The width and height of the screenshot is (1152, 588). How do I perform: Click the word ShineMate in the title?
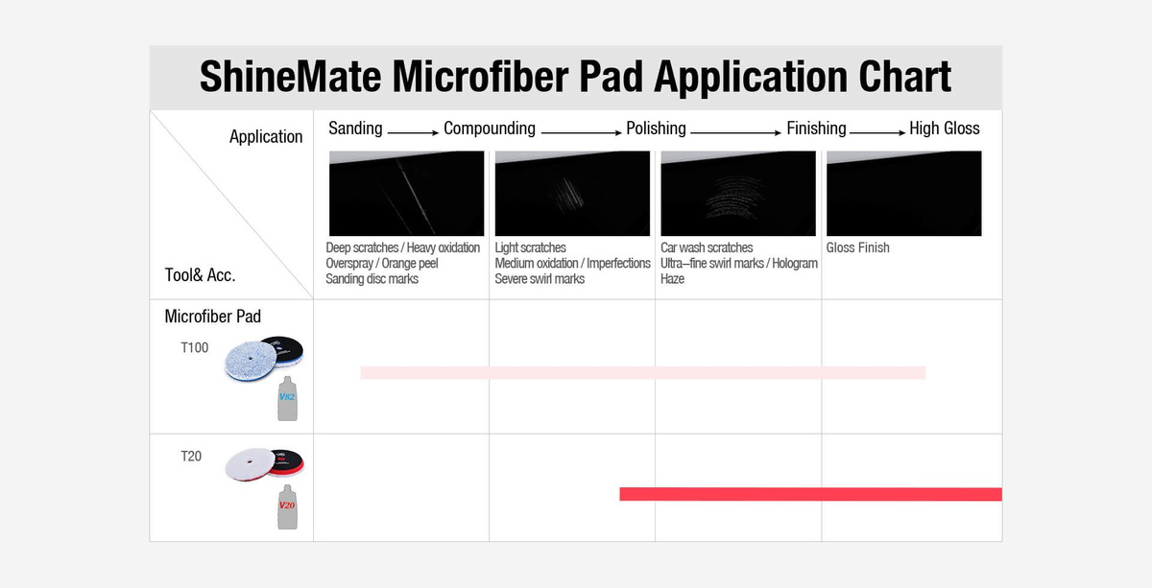click(x=291, y=76)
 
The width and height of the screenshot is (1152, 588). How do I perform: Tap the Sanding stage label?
click(x=355, y=129)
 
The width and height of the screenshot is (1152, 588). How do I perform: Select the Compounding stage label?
click(x=490, y=129)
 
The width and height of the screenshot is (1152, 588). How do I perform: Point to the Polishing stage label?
click(x=656, y=129)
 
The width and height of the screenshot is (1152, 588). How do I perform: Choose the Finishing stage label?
click(x=816, y=129)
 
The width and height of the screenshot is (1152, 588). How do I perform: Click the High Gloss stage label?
click(x=945, y=129)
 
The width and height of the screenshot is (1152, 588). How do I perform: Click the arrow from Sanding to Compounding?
click(x=413, y=132)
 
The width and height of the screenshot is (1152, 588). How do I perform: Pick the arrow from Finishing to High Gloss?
click(x=877, y=132)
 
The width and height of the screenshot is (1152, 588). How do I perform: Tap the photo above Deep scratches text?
click(x=406, y=193)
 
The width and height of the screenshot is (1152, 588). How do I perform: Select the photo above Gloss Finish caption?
click(x=903, y=193)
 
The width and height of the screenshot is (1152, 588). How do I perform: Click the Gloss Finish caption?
click(x=857, y=247)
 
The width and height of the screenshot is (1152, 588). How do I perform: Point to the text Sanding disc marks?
click(x=372, y=279)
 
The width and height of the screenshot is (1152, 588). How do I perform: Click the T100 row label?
click(x=194, y=348)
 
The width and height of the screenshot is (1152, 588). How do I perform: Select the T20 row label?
click(x=191, y=457)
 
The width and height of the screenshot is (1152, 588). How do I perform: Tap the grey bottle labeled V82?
click(x=287, y=399)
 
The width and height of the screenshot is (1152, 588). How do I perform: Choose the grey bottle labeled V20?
click(x=287, y=507)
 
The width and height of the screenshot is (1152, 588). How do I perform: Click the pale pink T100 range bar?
click(x=643, y=372)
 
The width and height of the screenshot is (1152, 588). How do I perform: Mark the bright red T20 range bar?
click(x=810, y=494)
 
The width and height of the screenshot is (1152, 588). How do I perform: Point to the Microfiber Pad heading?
click(x=212, y=317)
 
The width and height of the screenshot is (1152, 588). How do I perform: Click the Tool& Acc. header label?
click(x=200, y=275)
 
